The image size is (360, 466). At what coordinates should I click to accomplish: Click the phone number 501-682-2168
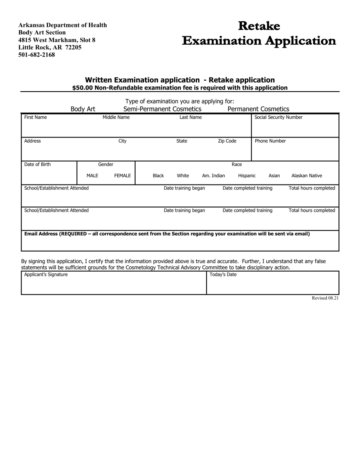[x=36, y=55]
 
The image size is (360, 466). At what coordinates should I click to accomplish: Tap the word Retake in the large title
[x=259, y=26]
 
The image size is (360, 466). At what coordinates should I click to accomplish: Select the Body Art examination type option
[x=83, y=109]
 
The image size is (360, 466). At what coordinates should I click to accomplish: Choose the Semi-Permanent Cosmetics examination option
[x=162, y=109]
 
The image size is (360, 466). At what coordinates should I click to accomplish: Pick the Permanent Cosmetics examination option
[x=258, y=109]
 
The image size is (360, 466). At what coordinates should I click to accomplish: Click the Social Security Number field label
[x=279, y=117]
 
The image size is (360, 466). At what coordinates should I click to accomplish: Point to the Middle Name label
[x=116, y=117]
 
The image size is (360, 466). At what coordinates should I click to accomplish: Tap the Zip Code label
[x=227, y=141]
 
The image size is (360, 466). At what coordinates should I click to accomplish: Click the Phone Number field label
[x=270, y=141]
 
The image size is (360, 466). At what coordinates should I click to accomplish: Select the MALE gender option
[x=92, y=176]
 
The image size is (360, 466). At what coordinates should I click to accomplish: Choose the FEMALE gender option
[x=122, y=176]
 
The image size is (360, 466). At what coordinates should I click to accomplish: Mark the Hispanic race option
[x=247, y=176]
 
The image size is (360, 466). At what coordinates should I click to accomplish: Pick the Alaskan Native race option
[x=307, y=176]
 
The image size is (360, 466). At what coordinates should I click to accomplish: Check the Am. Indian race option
[x=213, y=176]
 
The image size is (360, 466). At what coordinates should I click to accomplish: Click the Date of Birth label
[x=38, y=164]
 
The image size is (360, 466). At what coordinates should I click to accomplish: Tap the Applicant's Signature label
[x=46, y=275]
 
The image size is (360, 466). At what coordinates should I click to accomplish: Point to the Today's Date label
[x=223, y=275]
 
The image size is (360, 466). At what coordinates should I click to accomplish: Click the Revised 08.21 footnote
[x=325, y=298]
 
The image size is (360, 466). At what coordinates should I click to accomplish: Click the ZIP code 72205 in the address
[x=73, y=47]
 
